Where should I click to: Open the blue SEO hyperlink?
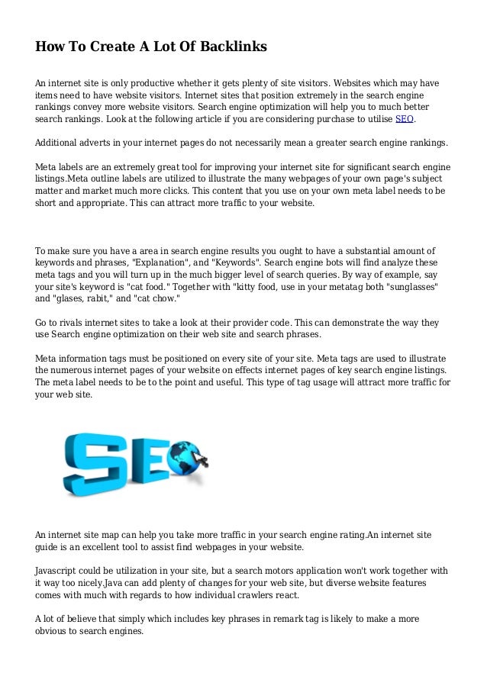coord(403,120)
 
